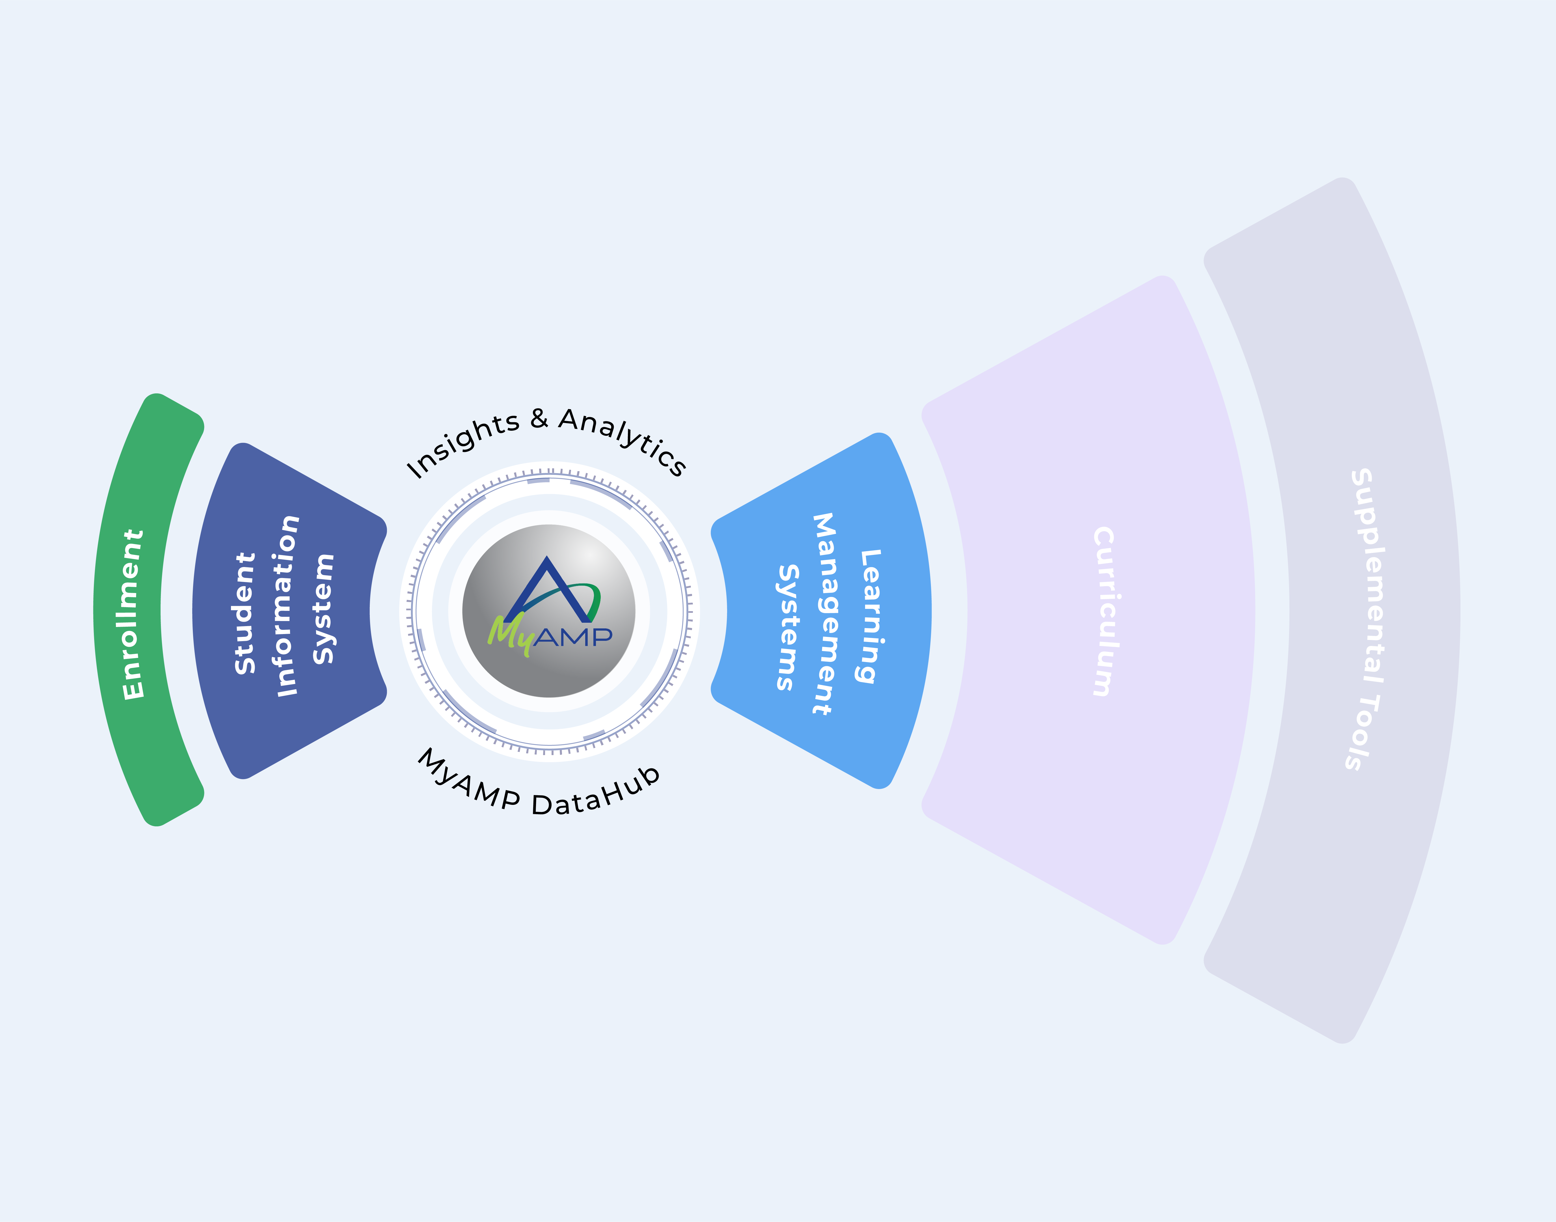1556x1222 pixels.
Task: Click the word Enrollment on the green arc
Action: point(133,614)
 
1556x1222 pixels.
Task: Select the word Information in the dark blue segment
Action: point(288,605)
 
